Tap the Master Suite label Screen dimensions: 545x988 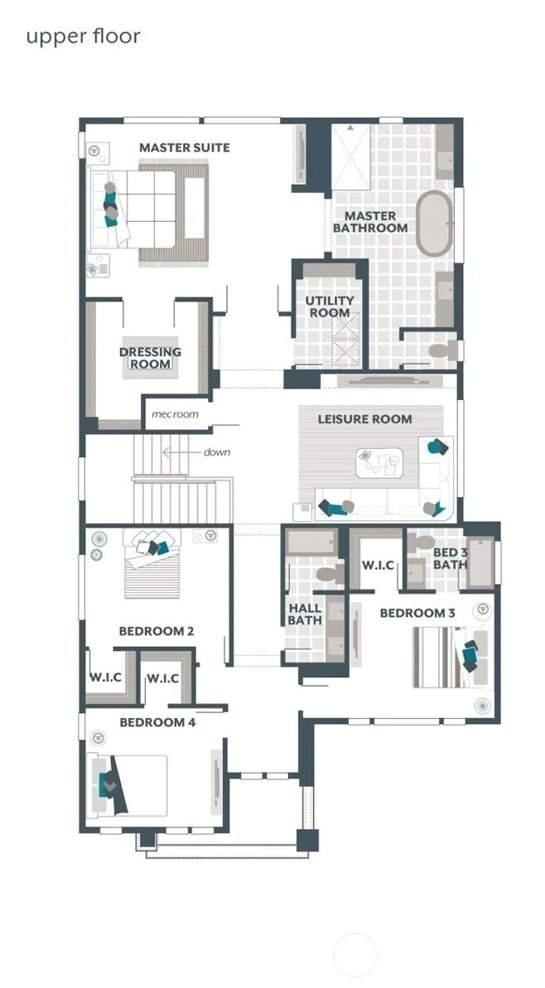point(185,147)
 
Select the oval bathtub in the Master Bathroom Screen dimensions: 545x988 point(434,223)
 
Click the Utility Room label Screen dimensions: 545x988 point(330,306)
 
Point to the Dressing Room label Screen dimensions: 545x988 point(150,358)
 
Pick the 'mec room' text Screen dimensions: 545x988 point(175,414)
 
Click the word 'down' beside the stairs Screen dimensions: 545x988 point(217,452)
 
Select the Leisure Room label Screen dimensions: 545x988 point(364,419)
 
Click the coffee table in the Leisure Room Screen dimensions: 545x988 point(379,463)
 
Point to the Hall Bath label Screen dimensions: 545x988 point(305,614)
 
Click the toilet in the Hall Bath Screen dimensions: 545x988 point(330,573)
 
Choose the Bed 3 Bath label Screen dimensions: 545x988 point(450,559)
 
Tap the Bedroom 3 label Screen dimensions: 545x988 point(417,613)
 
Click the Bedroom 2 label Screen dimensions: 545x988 point(157,631)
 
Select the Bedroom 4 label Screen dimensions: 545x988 point(157,722)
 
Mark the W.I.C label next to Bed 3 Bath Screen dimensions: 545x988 point(378,565)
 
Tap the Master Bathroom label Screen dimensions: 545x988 point(370,222)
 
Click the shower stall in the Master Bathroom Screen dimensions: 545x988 point(351,157)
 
